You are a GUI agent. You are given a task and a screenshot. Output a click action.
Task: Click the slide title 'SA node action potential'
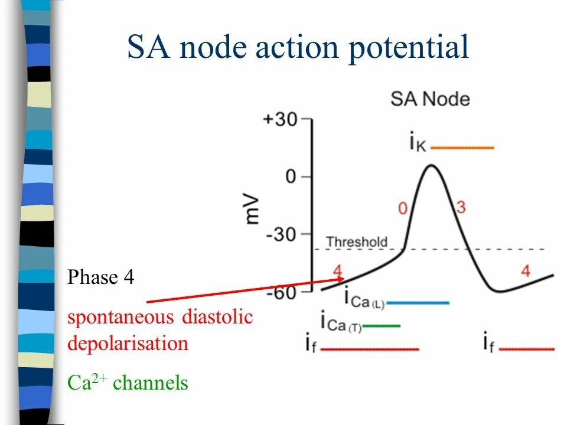298,47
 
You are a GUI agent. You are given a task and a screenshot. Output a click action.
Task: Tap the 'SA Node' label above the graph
430,99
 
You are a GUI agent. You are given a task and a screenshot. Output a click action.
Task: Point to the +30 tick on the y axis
281,119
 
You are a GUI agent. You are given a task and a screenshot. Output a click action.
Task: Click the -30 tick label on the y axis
282,235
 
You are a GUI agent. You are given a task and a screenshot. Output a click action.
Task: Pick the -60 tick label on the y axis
282,292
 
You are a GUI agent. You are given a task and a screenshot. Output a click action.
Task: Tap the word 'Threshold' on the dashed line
357,242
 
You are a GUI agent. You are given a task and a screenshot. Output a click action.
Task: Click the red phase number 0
403,208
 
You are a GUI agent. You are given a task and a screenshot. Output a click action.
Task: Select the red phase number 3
461,207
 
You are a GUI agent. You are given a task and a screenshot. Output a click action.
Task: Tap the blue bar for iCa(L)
418,303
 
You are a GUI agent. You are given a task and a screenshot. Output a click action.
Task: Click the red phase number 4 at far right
526,271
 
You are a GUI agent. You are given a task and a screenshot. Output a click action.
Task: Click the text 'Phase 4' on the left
101,277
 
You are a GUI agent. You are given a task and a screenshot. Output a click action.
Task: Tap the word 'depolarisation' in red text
128,343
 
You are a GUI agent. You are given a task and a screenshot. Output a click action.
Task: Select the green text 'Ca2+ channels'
128,384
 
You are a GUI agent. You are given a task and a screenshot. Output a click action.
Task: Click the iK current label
417,143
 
